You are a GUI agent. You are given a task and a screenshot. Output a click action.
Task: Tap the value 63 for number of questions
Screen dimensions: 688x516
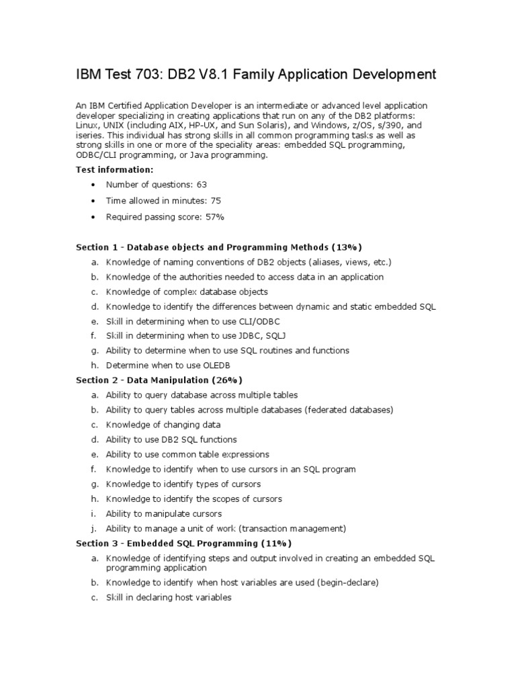pos(202,184)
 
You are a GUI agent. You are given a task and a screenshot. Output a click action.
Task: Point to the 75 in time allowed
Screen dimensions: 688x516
pos(216,200)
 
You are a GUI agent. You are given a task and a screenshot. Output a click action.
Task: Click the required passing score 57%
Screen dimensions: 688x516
pos(215,216)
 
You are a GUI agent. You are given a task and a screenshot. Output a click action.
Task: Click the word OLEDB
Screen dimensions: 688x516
pos(222,365)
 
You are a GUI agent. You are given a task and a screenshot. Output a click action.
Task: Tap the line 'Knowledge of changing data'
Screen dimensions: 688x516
pos(163,425)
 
